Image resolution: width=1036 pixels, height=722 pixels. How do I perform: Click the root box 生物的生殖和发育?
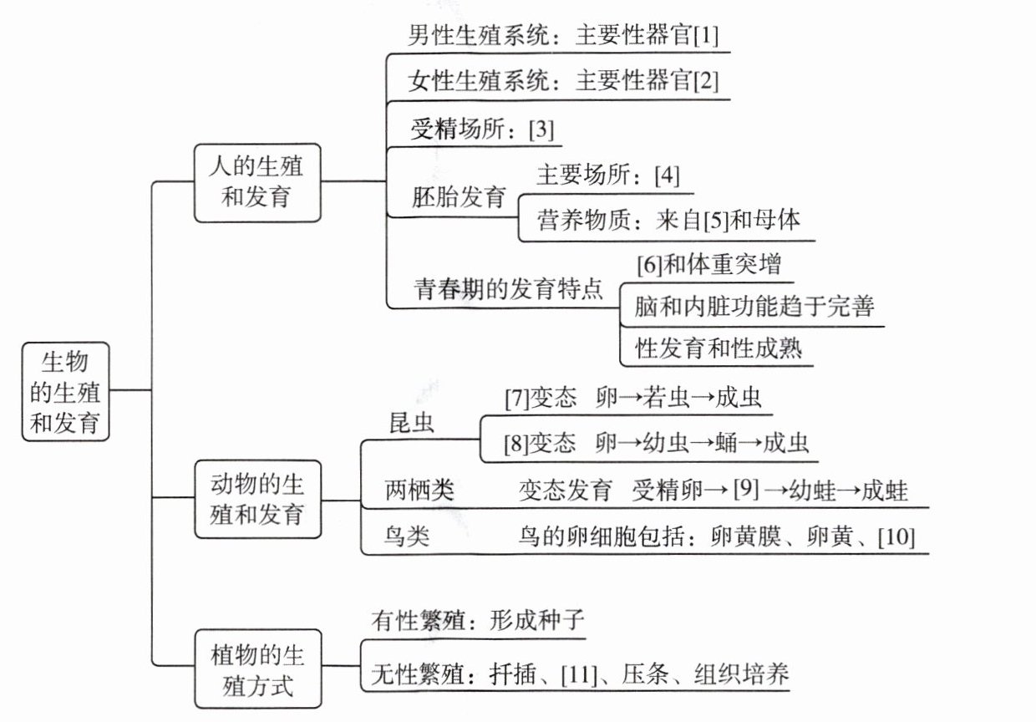point(65,390)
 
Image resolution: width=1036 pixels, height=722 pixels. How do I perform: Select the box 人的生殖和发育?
point(256,181)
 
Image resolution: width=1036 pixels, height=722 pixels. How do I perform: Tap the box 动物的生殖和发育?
point(256,499)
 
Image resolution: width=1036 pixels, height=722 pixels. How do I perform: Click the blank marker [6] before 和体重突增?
point(648,265)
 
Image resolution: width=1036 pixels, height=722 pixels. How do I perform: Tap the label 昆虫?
point(412,422)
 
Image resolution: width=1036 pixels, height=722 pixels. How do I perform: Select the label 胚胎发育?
point(459,198)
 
